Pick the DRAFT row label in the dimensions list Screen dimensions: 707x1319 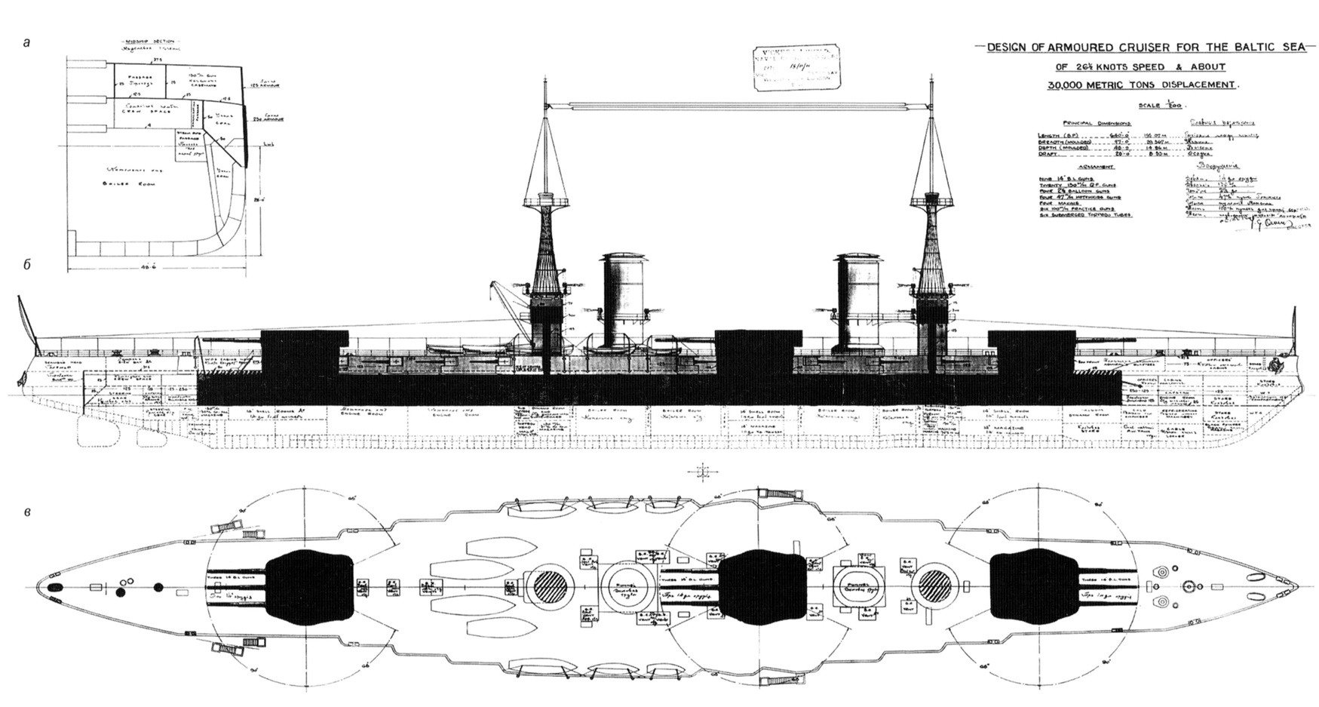[1053, 156]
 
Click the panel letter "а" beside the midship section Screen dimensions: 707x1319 [27, 44]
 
